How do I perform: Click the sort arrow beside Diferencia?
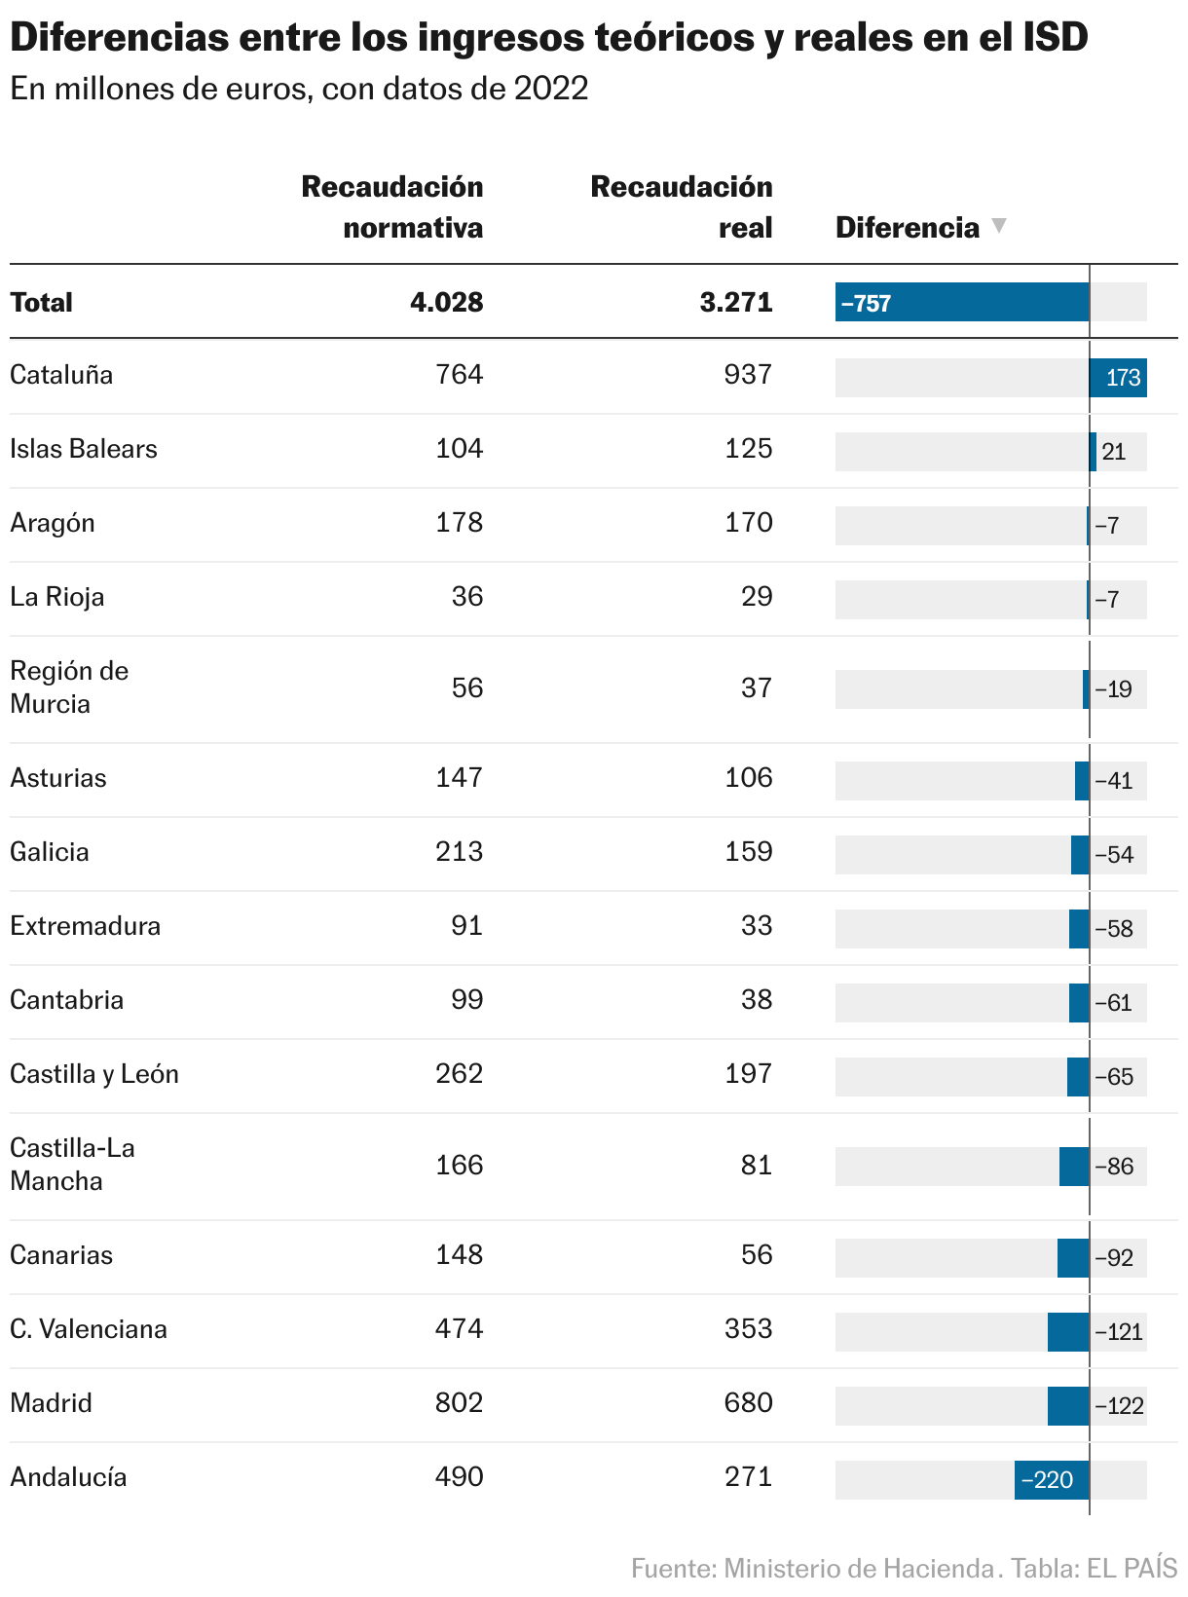[998, 226]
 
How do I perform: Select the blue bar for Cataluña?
[1118, 378]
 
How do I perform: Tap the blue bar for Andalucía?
[1052, 1480]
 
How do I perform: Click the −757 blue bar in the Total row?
[962, 302]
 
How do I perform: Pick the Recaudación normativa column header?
[392, 206]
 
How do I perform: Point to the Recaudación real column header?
[682, 206]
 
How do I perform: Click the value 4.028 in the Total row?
[447, 302]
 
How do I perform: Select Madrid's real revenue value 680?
[748, 1403]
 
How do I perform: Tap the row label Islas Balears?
[84, 449]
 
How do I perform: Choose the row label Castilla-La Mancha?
[72, 1165]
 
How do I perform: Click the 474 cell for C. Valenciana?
[459, 1329]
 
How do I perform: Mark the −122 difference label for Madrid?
[1120, 1406]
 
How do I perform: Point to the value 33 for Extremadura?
[757, 926]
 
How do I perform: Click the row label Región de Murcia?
[69, 687]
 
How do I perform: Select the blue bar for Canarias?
[1073, 1258]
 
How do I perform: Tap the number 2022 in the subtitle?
[552, 90]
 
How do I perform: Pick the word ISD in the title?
[1056, 38]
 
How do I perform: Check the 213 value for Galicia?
[459, 852]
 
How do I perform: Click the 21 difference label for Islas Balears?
[1114, 452]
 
